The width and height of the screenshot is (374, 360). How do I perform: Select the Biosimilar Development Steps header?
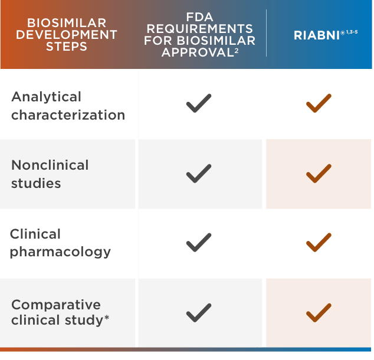(67, 35)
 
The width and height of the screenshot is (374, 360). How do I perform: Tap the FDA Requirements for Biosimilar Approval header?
(200, 35)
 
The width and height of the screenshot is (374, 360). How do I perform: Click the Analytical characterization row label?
(68, 105)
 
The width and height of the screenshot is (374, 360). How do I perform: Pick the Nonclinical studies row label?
(50, 174)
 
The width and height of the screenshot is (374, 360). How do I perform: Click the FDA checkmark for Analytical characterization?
(199, 104)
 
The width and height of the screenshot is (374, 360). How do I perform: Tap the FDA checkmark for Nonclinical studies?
(199, 174)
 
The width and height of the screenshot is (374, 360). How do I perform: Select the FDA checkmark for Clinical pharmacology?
(199, 242)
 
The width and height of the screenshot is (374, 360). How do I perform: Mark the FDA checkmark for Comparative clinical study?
(199, 312)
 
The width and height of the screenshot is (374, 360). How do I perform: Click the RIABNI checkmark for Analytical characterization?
(319, 104)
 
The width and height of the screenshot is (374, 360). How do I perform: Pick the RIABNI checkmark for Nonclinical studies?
(319, 174)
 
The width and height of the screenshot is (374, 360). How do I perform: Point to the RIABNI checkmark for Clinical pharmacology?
(319, 242)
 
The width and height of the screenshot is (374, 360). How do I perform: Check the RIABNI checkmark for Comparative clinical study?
(319, 312)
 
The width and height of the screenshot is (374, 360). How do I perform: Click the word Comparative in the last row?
(56, 305)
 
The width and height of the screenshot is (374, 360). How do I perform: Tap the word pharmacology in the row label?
(60, 252)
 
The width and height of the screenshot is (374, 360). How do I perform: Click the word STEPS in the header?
(67, 46)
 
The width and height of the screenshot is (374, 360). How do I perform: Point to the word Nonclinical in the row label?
(50, 165)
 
